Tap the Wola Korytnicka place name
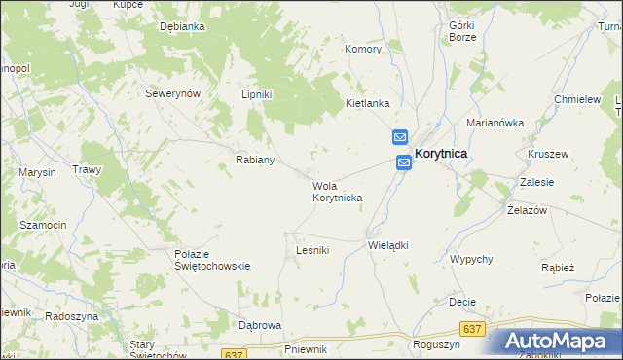[x=337, y=192]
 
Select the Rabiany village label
[x=255, y=160]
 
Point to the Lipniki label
[x=257, y=94]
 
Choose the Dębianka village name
[x=182, y=27]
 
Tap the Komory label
[x=363, y=48]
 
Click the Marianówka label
[x=495, y=124]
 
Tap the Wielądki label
[x=387, y=245]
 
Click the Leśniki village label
[x=312, y=250]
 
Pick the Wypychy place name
[x=471, y=259]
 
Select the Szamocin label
[x=43, y=225]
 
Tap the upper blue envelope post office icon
[x=400, y=138]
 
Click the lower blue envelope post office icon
[x=403, y=163]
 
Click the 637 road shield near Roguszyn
[x=473, y=329]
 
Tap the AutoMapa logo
[x=556, y=341]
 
